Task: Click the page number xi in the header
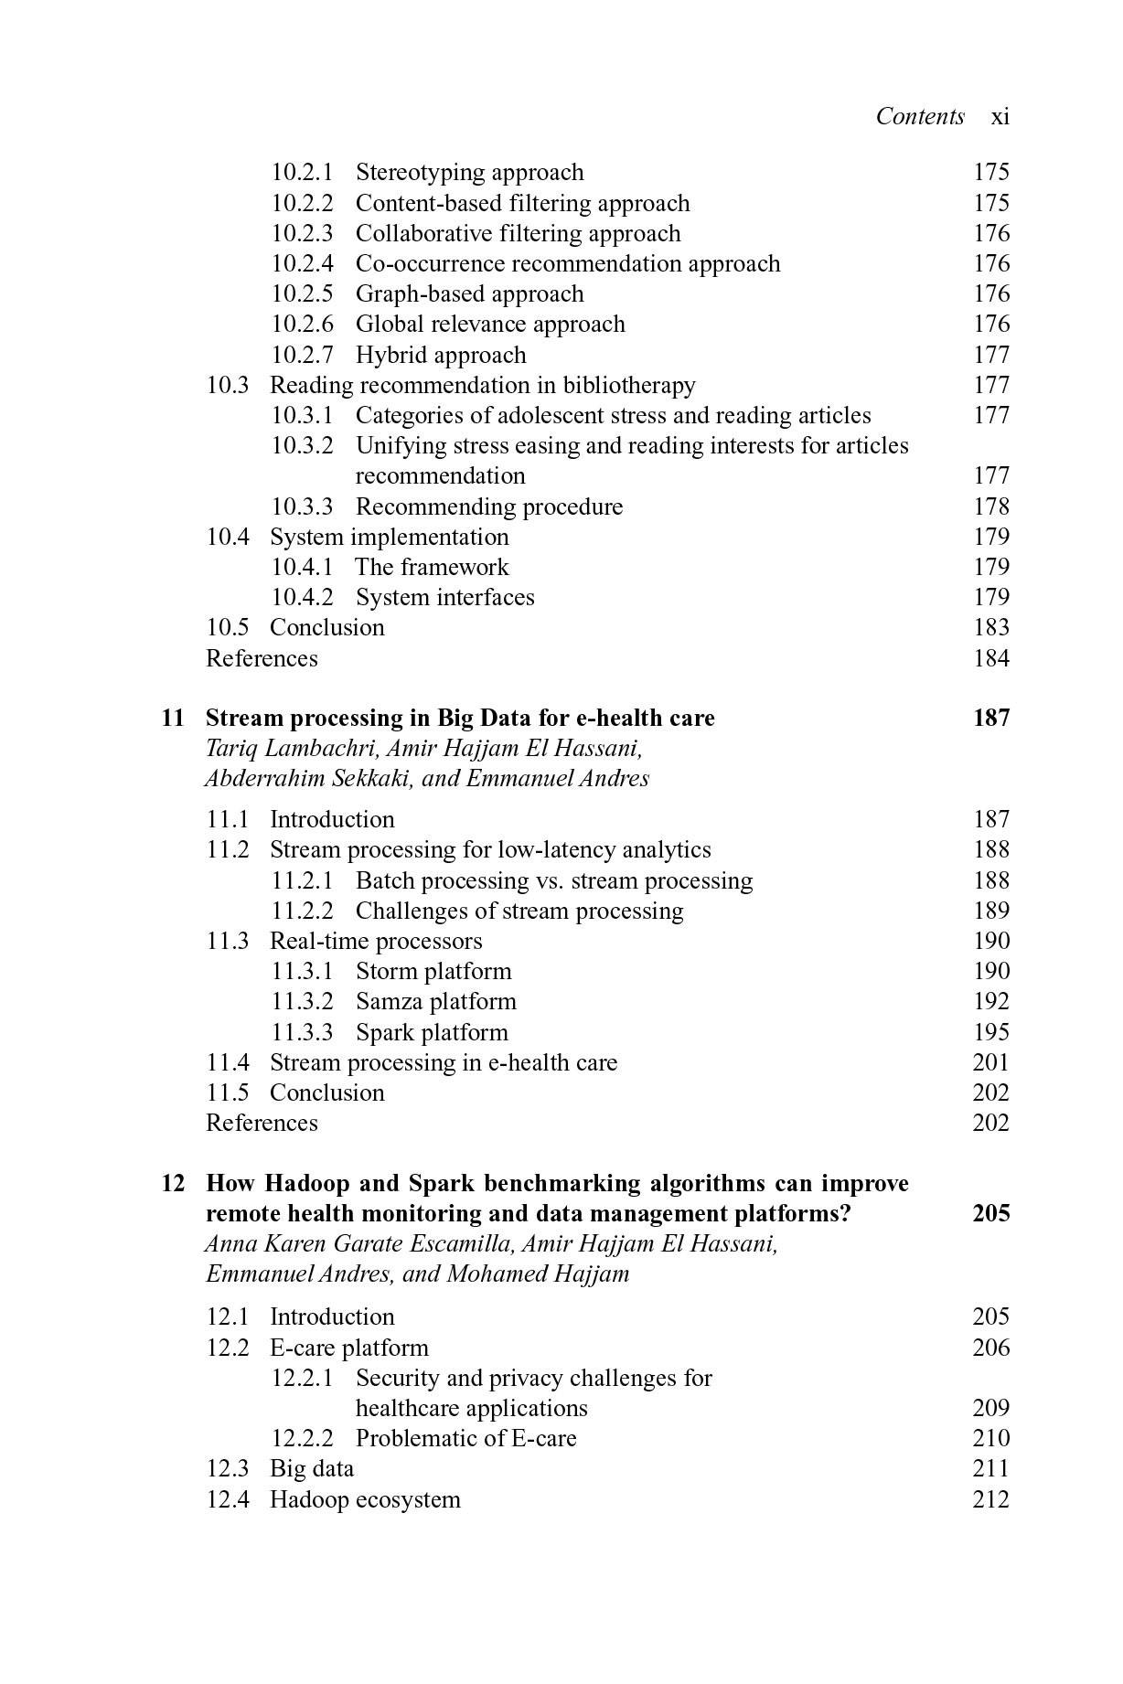tap(1000, 117)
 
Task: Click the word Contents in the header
tap(920, 116)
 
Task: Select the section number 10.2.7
tap(302, 355)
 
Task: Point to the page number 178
tap(990, 506)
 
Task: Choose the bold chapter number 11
tap(173, 718)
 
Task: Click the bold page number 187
tap(990, 718)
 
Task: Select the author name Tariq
tap(228, 749)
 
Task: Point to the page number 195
tap(990, 1032)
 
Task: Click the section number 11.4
tap(228, 1062)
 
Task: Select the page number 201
tap(990, 1062)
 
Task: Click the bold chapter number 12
tap(173, 1183)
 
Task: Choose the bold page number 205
tap(990, 1213)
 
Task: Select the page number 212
tap(990, 1499)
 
